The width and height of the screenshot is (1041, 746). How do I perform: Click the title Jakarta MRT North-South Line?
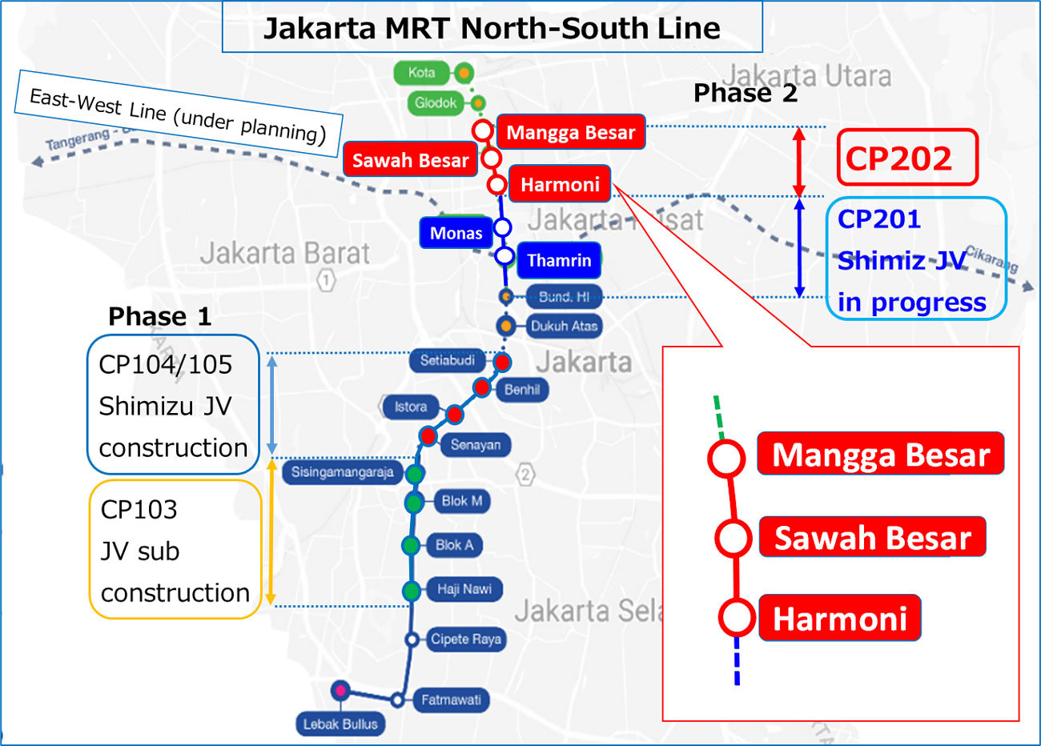[x=492, y=28]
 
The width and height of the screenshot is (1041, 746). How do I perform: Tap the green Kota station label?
[x=420, y=73]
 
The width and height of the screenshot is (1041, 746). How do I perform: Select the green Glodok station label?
[x=435, y=102]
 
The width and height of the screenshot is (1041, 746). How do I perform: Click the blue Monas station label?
[x=456, y=233]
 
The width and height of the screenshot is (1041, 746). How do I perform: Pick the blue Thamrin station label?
[x=559, y=260]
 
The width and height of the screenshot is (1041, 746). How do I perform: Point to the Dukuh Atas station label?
[x=564, y=326]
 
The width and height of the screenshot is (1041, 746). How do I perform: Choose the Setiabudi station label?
[x=447, y=360]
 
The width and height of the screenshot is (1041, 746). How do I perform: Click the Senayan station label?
[x=475, y=444]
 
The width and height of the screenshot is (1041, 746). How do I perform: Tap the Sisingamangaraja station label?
[x=342, y=472]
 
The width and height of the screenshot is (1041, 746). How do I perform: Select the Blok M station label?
[x=461, y=501]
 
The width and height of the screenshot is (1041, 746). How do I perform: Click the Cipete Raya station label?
[x=465, y=639]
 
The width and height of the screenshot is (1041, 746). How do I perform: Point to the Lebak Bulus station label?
[x=340, y=724]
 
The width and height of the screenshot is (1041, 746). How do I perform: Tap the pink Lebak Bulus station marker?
[x=341, y=689]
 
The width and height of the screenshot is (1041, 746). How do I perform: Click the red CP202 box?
[x=907, y=158]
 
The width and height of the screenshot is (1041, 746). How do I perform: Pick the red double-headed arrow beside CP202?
[x=798, y=162]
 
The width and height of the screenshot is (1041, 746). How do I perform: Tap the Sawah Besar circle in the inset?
[x=732, y=538]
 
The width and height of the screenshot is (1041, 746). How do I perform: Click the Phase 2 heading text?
[x=745, y=93]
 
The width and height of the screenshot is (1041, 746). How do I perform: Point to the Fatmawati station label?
[x=451, y=700]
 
